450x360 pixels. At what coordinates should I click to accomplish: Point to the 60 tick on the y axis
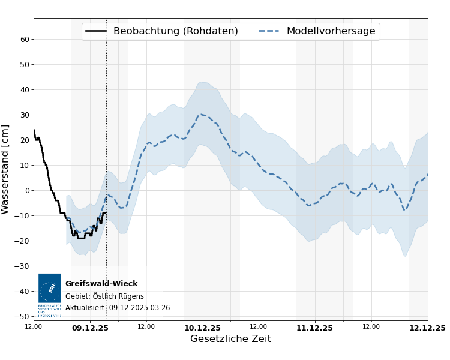[x=25, y=40]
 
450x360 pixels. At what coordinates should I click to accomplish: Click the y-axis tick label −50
[x=23, y=317]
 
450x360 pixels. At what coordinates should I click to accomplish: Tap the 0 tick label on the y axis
[x=27, y=191]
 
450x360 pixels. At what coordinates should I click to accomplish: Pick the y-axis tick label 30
[x=25, y=115]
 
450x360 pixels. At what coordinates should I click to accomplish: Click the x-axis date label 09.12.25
[x=90, y=328]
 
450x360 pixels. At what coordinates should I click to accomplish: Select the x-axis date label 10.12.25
[x=202, y=328]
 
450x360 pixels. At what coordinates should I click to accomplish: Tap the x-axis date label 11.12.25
[x=314, y=328]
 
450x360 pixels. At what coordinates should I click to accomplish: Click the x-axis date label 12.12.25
[x=427, y=328]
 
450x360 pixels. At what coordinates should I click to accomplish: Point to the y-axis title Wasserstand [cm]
[x=6, y=169]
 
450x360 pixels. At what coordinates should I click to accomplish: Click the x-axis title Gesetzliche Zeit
[x=230, y=339]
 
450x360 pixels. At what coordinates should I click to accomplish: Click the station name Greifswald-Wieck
[x=101, y=284]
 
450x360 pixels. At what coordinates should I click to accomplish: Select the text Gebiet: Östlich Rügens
[x=104, y=296]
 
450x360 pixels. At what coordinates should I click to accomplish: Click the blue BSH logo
[x=50, y=289]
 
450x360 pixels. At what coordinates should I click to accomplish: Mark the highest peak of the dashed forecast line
[x=202, y=114]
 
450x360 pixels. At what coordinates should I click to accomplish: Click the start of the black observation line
[x=34, y=130]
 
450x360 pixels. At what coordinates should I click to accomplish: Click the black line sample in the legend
[x=96, y=31]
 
